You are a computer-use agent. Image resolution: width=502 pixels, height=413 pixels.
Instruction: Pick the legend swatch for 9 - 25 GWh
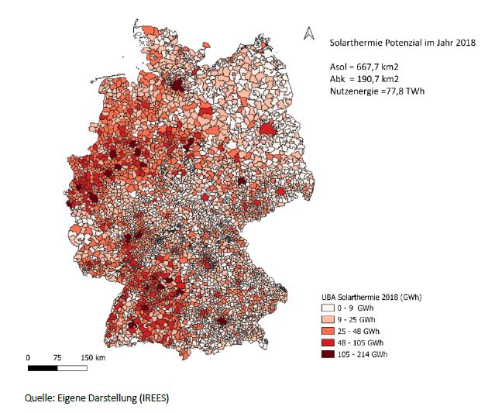(330, 319)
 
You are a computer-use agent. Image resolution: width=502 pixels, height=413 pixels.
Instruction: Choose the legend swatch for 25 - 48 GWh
(330, 331)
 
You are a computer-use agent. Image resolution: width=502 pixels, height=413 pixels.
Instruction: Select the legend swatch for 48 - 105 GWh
(330, 342)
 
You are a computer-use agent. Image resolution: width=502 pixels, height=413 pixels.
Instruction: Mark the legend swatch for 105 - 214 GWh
(330, 354)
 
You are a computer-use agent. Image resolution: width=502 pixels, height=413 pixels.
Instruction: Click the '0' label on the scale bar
(28, 357)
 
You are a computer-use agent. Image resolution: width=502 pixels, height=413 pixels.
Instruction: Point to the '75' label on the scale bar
(57, 357)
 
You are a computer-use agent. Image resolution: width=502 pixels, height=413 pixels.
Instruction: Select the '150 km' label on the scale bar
(94, 357)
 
